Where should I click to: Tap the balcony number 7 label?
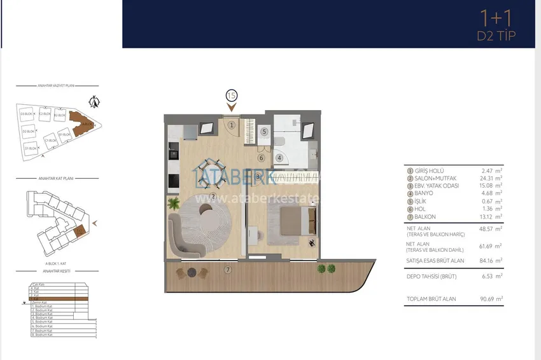tap(228, 270)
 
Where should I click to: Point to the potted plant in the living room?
tap(174, 204)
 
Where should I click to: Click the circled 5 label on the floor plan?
tap(264, 132)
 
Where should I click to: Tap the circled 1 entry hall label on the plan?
tap(232, 125)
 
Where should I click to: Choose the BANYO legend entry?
tap(424, 193)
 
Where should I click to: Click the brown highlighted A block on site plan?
tap(81, 122)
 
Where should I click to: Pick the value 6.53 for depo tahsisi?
tap(489, 277)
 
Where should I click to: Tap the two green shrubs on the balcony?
tap(325, 269)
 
